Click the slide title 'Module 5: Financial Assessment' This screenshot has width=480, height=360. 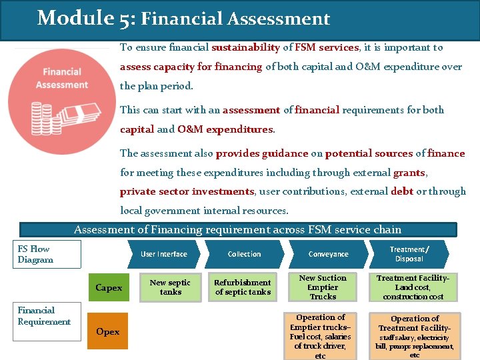pyautogui.click(x=183, y=18)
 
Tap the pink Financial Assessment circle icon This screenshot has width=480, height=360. pyautogui.click(x=62, y=101)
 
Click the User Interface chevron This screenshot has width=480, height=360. pyautogui.click(x=164, y=254)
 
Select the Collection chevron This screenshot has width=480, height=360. pyautogui.click(x=244, y=254)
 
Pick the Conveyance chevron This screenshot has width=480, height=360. pyautogui.click(x=328, y=254)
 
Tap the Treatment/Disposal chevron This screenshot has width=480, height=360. pyautogui.click(x=409, y=254)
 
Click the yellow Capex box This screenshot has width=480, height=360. pyautogui.click(x=109, y=288)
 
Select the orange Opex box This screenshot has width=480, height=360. pyautogui.click(x=107, y=332)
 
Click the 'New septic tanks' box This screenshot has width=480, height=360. pyautogui.click(x=170, y=287)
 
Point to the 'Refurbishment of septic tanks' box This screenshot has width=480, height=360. pyautogui.click(x=242, y=287)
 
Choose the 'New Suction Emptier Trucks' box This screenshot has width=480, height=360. pyautogui.click(x=323, y=287)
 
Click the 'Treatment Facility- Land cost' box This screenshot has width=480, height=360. pyautogui.click(x=413, y=287)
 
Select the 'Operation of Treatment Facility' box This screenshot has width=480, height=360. pyautogui.click(x=414, y=336)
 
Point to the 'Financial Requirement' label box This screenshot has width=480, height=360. pyautogui.click(x=44, y=316)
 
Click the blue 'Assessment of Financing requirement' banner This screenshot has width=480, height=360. pyautogui.click(x=238, y=230)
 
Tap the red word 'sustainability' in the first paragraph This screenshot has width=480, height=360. pyautogui.click(x=245, y=48)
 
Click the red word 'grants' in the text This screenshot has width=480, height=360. pyautogui.click(x=409, y=173)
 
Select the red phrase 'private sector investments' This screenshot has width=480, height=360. pyautogui.click(x=187, y=191)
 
